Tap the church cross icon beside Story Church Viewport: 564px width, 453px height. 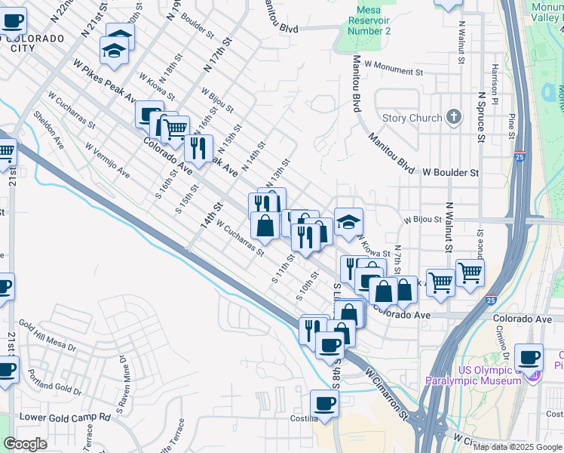coord(453,117)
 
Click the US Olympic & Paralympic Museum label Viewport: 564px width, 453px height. coord(473,375)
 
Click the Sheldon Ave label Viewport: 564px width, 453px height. coord(49,129)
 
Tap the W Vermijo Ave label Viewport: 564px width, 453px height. coord(107,161)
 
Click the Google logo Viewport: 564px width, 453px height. coord(26,444)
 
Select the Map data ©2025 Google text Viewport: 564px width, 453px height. coord(516,447)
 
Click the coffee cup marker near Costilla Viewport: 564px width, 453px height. coord(324,402)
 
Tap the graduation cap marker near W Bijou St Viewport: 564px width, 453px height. coord(348,221)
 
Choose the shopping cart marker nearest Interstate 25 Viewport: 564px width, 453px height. coord(470,272)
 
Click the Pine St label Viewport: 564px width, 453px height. coord(512,121)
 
